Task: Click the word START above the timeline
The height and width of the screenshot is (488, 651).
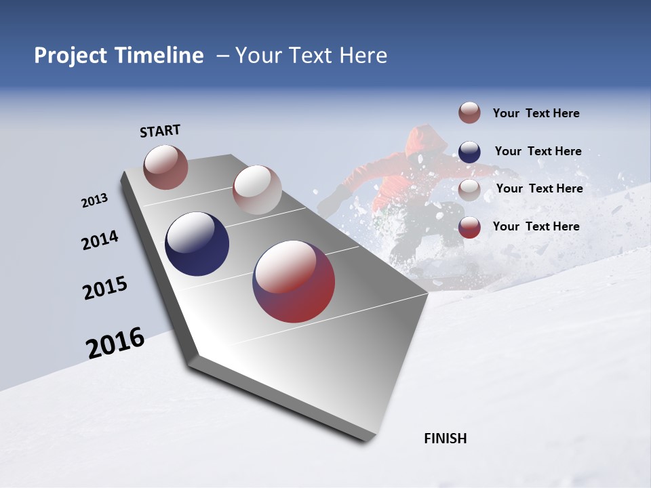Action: pos(160,131)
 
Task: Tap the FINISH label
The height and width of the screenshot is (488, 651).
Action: pos(445,439)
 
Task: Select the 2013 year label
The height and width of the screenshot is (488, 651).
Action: pos(94,201)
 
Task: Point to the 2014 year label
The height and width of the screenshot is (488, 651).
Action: pos(100,241)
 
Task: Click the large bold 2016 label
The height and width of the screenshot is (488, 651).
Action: pos(115,343)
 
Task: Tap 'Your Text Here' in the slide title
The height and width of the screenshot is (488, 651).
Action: pos(311,56)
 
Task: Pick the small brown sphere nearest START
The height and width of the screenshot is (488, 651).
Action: pos(165,167)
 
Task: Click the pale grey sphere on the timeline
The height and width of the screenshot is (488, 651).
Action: pos(256,190)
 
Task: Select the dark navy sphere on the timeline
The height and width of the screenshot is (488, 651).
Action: pos(197,244)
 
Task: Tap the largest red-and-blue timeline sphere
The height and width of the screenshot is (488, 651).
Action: pos(294,281)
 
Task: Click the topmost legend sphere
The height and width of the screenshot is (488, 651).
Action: pos(469,113)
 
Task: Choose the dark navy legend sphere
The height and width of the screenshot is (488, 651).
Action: pos(469,152)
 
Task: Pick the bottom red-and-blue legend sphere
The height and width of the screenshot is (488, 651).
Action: pos(469,227)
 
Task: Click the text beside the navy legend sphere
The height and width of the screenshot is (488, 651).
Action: pos(538,152)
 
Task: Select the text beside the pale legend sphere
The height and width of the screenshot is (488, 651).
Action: pos(539,189)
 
